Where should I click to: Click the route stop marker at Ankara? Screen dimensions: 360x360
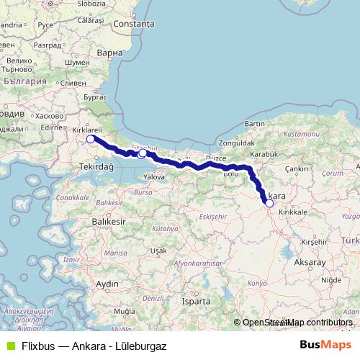point(269,204)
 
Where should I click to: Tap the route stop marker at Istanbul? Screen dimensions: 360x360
point(143,153)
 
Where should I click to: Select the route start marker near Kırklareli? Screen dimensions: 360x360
point(90,139)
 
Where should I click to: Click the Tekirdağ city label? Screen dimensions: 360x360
point(96,166)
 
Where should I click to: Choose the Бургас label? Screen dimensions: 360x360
point(95,96)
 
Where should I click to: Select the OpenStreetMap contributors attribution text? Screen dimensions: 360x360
point(297,323)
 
